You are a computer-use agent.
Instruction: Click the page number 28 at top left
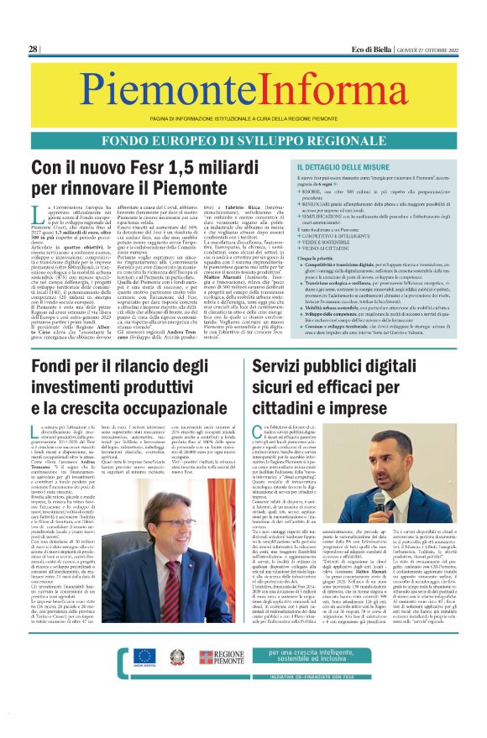click(x=34, y=50)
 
